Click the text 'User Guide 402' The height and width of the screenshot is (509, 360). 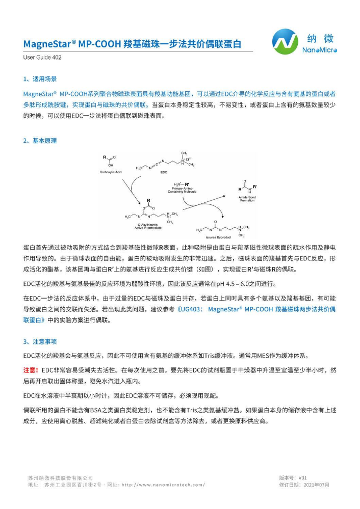point(42,58)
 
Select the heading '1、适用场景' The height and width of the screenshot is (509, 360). point(40,79)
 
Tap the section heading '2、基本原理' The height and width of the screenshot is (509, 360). point(40,141)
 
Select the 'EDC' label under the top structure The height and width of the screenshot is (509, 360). point(164,173)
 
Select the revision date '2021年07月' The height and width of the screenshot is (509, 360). point(316,485)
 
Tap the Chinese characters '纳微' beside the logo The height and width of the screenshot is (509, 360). point(321,38)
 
